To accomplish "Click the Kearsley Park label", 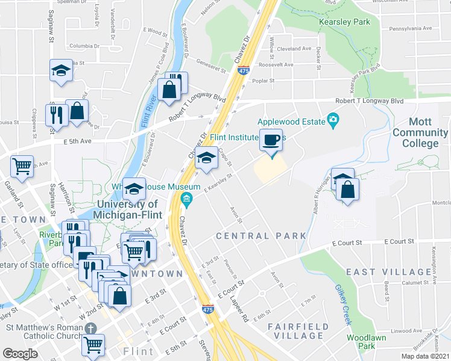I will coord(346,22).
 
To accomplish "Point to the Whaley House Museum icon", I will coord(187,199).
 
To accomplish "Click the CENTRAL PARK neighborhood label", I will coord(262,236).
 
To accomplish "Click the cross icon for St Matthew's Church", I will coord(90,329).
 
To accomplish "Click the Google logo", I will coord(20,354).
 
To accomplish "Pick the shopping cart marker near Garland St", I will coord(22,165).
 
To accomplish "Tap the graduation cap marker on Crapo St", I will coord(207,159).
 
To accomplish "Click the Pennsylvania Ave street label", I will coord(411,28).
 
